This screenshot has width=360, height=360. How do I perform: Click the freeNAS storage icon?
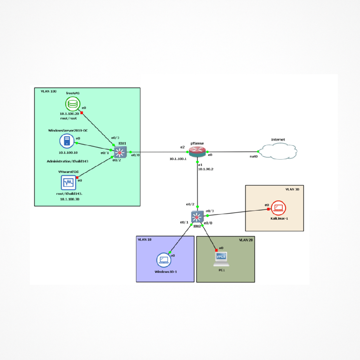click(72, 104)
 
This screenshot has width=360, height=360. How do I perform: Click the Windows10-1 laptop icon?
click(163, 260)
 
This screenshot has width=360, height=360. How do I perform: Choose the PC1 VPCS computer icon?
click(221, 259)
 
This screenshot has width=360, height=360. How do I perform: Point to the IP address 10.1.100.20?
click(69, 114)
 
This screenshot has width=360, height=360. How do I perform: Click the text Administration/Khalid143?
click(67, 161)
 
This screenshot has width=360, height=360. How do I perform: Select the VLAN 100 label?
click(49, 91)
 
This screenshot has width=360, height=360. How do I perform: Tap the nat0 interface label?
click(254, 156)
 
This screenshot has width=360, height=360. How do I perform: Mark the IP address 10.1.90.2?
click(206, 169)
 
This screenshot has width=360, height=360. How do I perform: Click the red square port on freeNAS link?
click(82, 113)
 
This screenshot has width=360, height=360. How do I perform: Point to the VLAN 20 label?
click(246, 240)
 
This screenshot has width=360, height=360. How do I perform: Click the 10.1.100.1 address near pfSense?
click(178, 159)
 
